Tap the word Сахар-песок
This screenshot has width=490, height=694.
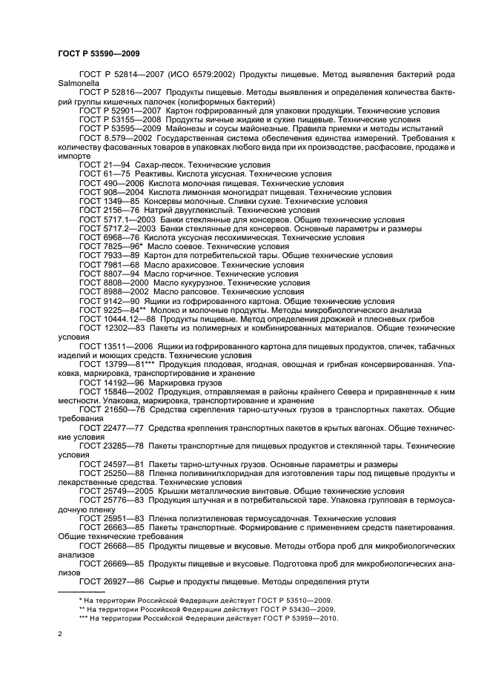161,165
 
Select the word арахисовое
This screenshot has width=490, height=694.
188,265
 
